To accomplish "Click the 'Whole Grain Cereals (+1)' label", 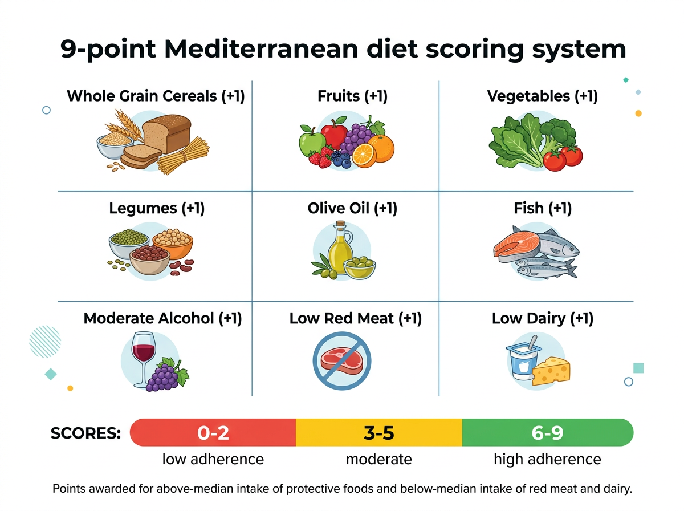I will click(x=156, y=96).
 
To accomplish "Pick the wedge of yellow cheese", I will click(x=551, y=371).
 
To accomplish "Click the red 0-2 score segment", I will click(x=213, y=433).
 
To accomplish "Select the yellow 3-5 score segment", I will click(x=378, y=433).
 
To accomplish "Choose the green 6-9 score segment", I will click(x=547, y=433).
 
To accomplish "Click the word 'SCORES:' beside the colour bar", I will click(x=85, y=433).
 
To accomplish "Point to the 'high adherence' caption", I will click(x=547, y=459).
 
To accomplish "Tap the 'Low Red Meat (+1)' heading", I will click(x=355, y=318).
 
